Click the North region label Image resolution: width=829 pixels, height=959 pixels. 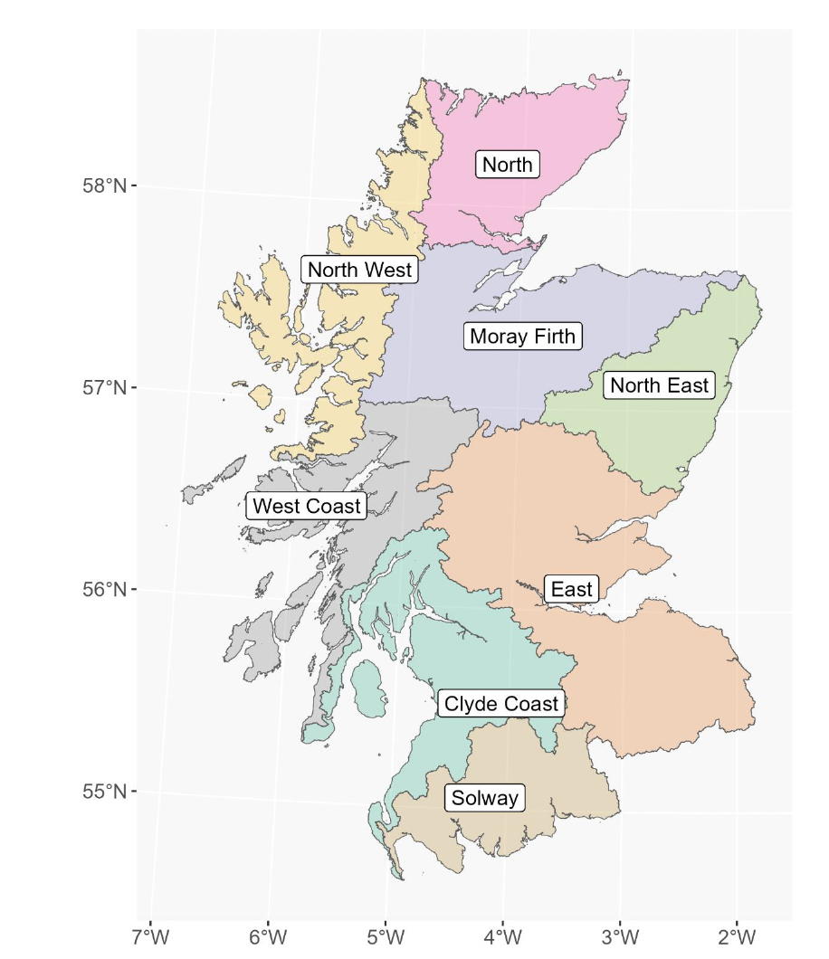click(508, 165)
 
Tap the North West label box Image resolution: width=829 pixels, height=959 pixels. click(359, 270)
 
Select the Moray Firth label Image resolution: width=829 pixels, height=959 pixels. click(523, 337)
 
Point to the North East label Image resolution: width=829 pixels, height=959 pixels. click(659, 385)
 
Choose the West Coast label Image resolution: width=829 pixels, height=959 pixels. click(306, 506)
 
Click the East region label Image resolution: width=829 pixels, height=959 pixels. click(571, 590)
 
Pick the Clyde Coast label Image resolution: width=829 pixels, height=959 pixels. click(500, 704)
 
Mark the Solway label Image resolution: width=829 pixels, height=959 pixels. click(485, 798)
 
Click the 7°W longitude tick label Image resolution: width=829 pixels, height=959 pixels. click(150, 934)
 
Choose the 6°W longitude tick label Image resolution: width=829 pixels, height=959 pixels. click(268, 934)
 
